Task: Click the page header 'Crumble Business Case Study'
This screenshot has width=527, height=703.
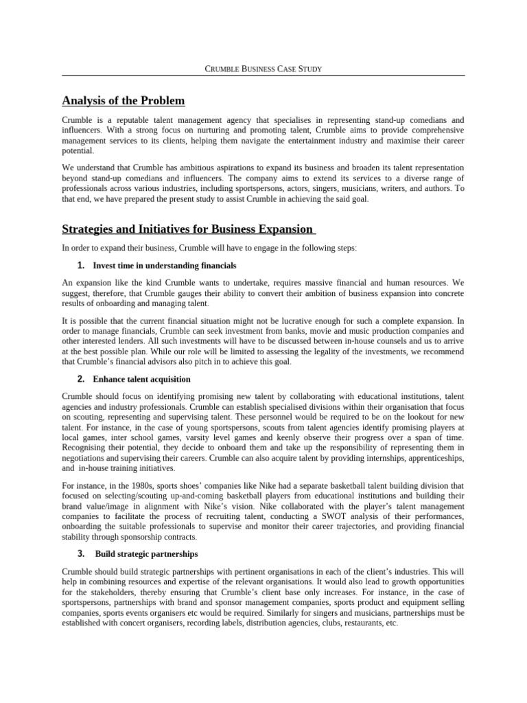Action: [x=263, y=69]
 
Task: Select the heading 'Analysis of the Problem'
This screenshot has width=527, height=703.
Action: [x=124, y=101]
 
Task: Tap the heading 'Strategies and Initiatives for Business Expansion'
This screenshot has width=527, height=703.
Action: [x=188, y=229]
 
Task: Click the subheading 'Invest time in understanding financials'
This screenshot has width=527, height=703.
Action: [x=165, y=266]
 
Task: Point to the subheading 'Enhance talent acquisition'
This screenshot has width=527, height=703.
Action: [x=142, y=379]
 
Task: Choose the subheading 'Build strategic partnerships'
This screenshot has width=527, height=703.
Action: [x=146, y=553]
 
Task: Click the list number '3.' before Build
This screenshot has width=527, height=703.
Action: [x=81, y=553]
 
